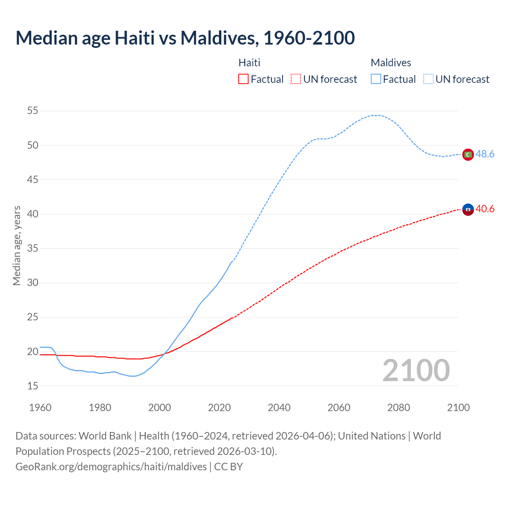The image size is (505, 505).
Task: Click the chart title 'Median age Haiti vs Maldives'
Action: (x=185, y=38)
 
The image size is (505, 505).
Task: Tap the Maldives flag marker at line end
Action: (x=468, y=155)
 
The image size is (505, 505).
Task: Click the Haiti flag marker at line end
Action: (x=468, y=209)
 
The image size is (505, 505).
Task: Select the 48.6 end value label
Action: (x=485, y=154)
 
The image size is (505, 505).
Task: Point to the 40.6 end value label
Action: (x=485, y=209)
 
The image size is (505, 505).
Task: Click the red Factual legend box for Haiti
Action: (x=243, y=79)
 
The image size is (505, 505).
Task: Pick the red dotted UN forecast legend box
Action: (x=296, y=79)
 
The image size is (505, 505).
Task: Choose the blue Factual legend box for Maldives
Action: (x=376, y=79)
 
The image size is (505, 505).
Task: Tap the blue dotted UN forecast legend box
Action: (x=428, y=79)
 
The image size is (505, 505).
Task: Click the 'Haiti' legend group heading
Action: (x=249, y=63)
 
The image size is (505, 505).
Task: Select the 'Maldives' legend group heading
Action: (x=391, y=63)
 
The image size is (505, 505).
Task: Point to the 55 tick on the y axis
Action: (x=33, y=111)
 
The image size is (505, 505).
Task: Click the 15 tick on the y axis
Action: (x=33, y=386)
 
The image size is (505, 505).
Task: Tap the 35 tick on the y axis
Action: (x=33, y=249)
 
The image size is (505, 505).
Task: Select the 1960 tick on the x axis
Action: (x=40, y=408)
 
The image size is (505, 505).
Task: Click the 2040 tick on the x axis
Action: (x=279, y=408)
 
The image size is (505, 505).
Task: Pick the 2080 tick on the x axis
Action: (x=398, y=408)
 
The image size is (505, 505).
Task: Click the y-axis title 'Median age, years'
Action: (x=17, y=245)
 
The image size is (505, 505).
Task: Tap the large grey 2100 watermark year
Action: (x=416, y=370)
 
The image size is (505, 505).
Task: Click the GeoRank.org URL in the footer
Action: (x=111, y=467)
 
